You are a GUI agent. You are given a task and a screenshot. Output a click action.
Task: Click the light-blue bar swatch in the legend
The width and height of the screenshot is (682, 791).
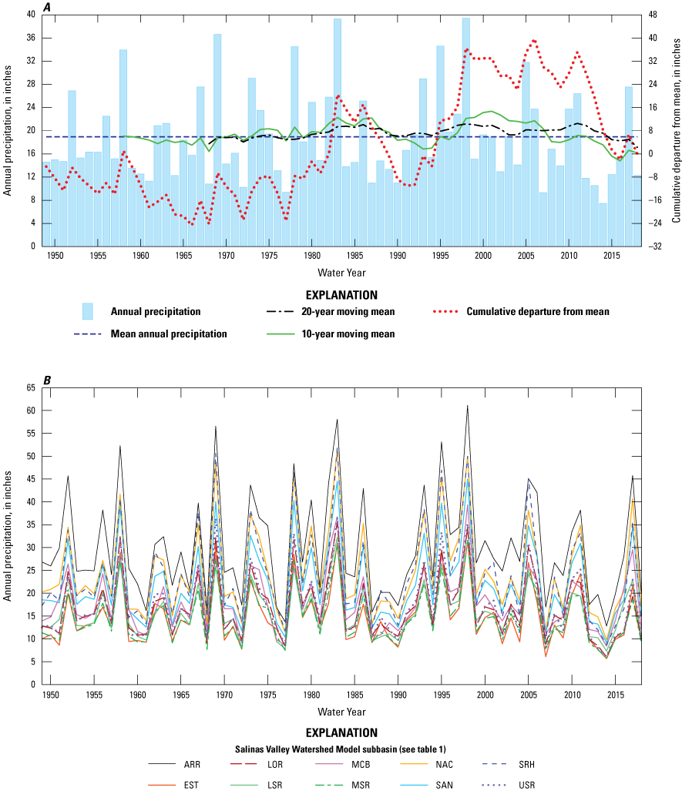click(88, 311)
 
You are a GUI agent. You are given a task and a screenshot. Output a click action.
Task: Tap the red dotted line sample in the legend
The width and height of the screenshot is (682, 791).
click(445, 311)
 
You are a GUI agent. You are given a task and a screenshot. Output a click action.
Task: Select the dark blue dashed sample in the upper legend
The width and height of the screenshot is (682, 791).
click(88, 333)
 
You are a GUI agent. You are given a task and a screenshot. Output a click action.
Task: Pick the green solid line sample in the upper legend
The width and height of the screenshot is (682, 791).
click(281, 333)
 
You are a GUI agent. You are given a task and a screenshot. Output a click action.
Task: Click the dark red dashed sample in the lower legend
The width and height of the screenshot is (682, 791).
click(244, 764)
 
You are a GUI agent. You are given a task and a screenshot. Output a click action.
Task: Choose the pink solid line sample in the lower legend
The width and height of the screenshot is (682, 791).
click(329, 764)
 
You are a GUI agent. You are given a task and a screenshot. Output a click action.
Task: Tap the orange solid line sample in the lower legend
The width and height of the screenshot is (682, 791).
click(414, 764)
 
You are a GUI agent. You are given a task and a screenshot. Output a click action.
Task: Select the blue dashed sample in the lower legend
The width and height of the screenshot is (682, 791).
click(494, 764)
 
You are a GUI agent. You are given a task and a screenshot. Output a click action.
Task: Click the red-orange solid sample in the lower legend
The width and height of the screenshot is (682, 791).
click(162, 785)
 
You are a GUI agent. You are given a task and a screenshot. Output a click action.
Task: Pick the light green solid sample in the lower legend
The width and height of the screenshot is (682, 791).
click(244, 785)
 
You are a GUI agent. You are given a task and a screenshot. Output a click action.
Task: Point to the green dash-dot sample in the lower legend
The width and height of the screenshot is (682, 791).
click(329, 785)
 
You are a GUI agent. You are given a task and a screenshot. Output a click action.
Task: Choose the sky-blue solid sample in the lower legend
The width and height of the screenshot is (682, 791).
click(414, 785)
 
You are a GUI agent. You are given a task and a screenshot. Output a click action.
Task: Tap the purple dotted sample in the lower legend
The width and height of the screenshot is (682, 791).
click(494, 785)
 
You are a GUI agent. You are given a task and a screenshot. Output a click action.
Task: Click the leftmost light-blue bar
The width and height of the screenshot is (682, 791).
click(46, 204)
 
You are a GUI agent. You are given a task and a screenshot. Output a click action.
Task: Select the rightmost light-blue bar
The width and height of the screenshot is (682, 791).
click(637, 210)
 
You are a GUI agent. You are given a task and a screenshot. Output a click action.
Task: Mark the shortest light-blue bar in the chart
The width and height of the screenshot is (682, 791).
click(603, 224)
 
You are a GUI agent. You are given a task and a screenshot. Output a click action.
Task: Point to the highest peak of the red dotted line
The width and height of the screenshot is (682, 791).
click(534, 40)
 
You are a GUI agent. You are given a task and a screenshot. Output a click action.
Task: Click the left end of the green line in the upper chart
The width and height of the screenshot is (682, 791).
click(124, 136)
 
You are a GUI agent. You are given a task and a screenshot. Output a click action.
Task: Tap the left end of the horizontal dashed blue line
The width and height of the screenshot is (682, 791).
click(45, 136)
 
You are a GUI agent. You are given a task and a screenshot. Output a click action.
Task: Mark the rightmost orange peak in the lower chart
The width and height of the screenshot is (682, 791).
click(633, 500)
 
